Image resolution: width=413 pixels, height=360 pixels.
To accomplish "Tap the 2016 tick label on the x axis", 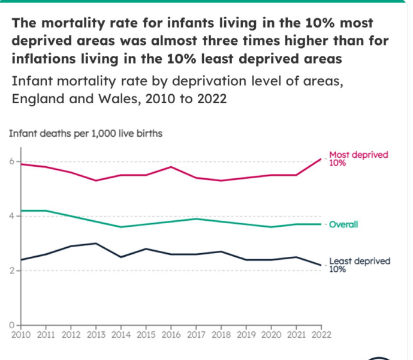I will pyautogui.click(x=171, y=333).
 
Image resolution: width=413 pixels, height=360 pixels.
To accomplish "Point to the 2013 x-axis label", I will pyautogui.click(x=96, y=333).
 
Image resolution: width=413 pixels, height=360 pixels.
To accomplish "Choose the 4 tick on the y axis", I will pyautogui.click(x=11, y=216).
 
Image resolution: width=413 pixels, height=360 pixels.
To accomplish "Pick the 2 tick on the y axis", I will pyautogui.click(x=11, y=271).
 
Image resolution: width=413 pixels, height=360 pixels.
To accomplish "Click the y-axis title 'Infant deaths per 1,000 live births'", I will pyautogui.click(x=85, y=133).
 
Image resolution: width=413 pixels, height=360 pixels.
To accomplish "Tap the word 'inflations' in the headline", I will pyautogui.click(x=41, y=59).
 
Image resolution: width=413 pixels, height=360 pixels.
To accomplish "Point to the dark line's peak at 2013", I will pyautogui.click(x=96, y=243).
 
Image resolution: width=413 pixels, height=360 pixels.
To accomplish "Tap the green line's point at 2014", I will pyautogui.click(x=122, y=227).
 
